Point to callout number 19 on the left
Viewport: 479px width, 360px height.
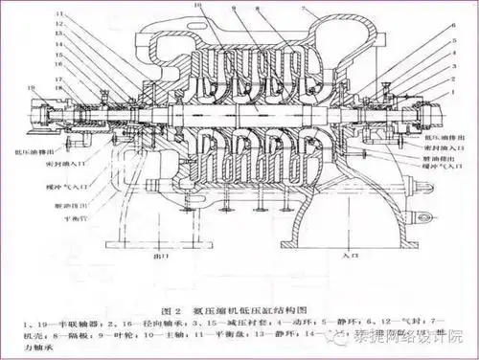[x=32, y=86]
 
